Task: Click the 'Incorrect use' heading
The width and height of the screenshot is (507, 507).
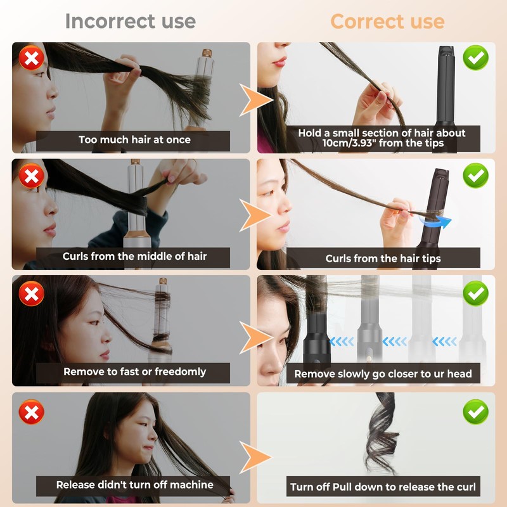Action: [x=130, y=21]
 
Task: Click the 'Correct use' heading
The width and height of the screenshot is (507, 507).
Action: [x=387, y=21]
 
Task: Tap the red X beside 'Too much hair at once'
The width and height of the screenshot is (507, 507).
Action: [x=30, y=59]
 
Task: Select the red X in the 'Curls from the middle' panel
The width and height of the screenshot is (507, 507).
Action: [x=30, y=176]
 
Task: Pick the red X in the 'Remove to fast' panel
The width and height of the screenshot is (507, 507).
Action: [x=30, y=294]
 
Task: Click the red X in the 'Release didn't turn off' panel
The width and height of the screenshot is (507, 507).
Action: [x=30, y=413]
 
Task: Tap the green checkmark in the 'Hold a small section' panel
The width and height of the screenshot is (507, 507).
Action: [x=475, y=58]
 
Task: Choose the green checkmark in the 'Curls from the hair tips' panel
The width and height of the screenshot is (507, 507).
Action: [x=475, y=176]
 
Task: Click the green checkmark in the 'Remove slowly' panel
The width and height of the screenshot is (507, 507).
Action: [x=475, y=293]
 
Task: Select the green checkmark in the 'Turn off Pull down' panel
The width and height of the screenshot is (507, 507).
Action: [x=475, y=412]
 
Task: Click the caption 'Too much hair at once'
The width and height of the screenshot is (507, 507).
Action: [x=134, y=139]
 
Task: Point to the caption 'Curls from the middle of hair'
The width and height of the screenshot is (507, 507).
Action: [x=134, y=257]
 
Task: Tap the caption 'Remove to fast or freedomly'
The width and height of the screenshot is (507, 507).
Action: [x=134, y=372]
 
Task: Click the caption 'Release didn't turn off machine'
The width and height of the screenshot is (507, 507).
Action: [x=134, y=485]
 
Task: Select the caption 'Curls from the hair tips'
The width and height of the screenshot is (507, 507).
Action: [x=383, y=258]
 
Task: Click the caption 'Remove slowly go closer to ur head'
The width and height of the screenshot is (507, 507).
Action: [x=383, y=374]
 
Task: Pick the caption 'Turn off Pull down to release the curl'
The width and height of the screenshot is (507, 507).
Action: [x=383, y=487]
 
